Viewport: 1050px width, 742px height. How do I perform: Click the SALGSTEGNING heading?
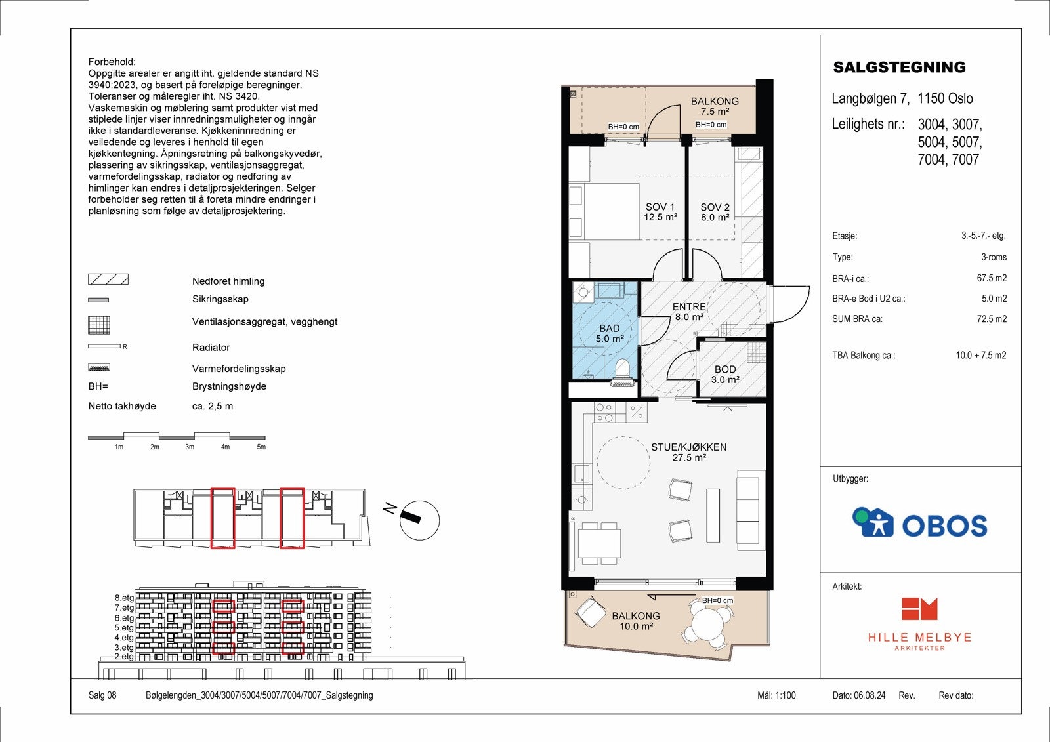point(899,67)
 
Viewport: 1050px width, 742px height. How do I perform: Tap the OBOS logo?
point(919,523)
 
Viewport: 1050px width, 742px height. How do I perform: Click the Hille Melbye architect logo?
point(919,623)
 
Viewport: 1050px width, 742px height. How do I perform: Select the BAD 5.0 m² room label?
point(610,333)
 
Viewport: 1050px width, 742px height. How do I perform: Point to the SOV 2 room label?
point(715,212)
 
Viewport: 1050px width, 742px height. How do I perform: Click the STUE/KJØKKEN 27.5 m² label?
point(688,452)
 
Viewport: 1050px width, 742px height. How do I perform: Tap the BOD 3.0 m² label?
point(725,375)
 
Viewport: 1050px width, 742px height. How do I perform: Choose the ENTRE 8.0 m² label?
point(689,312)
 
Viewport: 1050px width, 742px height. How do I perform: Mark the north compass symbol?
point(418,520)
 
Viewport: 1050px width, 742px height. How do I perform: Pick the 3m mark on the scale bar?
point(190,447)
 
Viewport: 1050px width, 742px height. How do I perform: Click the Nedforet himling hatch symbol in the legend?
point(108,279)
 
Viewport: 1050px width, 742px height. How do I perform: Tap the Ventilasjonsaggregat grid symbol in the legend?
point(99,325)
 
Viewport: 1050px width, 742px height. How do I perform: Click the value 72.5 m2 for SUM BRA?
point(992,319)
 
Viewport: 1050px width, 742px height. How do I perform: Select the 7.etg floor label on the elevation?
point(124,608)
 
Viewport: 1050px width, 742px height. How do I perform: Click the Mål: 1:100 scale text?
point(776,695)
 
